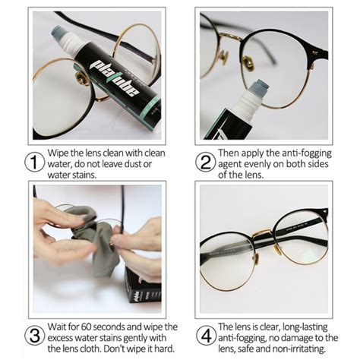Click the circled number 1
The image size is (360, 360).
pyautogui.click(x=35, y=163)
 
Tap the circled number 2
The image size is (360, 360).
pyautogui.click(x=206, y=163)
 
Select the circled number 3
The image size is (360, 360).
pyautogui.click(x=35, y=336)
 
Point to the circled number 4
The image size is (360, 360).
pyautogui.click(x=207, y=336)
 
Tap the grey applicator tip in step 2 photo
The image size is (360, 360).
pyautogui.click(x=258, y=87)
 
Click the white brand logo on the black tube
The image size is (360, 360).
pyautogui.click(x=116, y=77)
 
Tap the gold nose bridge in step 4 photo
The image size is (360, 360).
pyautogui.click(x=264, y=234)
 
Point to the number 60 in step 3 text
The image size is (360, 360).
pyautogui.click(x=87, y=327)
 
